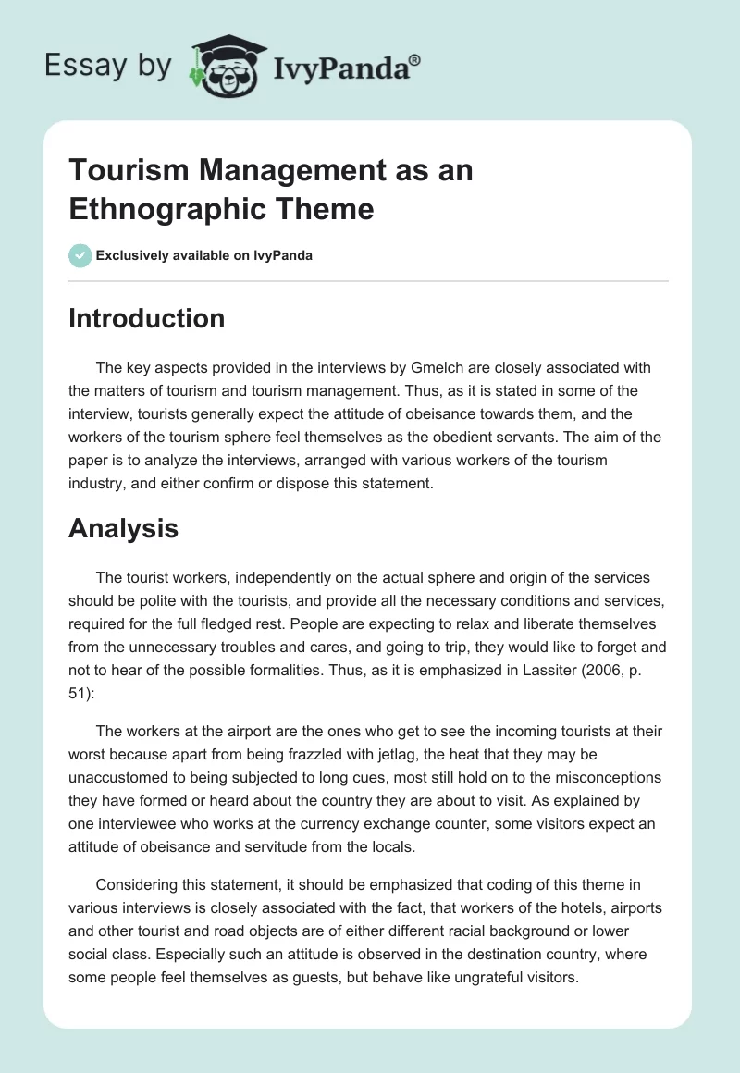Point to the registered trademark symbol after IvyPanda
[x=415, y=59]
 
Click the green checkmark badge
[x=80, y=255]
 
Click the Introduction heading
[x=147, y=318]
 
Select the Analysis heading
[x=123, y=528]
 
